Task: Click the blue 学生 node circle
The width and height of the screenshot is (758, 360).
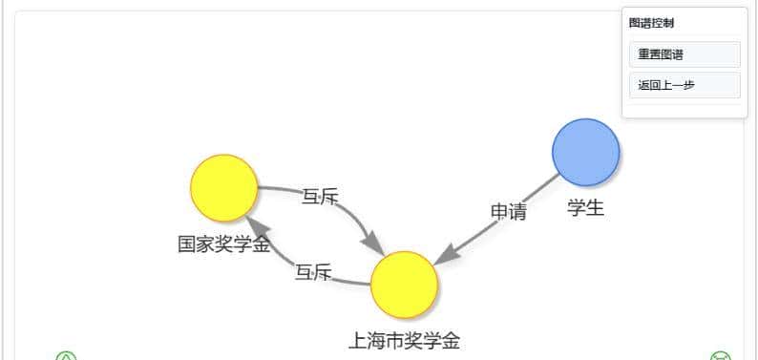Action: click(x=586, y=153)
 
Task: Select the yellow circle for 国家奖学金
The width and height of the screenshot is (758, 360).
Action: click(x=224, y=187)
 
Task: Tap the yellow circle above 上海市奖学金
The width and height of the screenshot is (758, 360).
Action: click(x=404, y=285)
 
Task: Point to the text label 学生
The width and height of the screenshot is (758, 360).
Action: click(x=585, y=207)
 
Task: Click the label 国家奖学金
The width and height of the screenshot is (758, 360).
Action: click(x=223, y=244)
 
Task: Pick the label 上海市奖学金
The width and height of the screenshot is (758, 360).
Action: click(x=404, y=340)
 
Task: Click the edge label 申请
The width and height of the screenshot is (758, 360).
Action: click(x=509, y=212)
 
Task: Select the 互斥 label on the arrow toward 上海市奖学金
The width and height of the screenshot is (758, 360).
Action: click(x=320, y=197)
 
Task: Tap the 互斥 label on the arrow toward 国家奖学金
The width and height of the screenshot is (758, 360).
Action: click(x=313, y=273)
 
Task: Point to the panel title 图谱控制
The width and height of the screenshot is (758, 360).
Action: click(x=652, y=23)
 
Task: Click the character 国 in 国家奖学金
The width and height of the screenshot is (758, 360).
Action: click(x=187, y=244)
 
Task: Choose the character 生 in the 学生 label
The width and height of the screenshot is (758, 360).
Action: click(x=595, y=207)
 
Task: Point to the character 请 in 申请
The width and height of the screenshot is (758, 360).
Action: click(x=517, y=212)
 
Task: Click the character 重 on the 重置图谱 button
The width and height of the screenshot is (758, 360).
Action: click(x=644, y=54)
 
